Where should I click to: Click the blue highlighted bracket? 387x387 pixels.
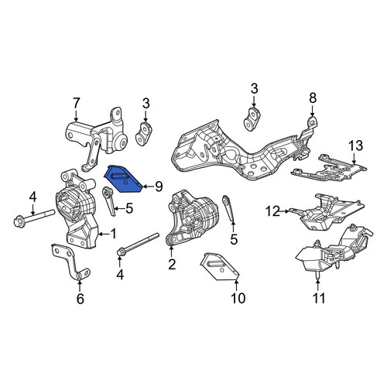point(122,180)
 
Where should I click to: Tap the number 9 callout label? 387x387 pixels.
point(159,187)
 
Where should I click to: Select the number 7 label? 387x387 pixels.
point(76,104)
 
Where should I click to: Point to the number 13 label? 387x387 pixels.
point(356,146)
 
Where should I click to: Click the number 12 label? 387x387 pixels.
point(273,211)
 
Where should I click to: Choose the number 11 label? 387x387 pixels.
point(319,298)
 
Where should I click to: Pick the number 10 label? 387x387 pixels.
point(238,298)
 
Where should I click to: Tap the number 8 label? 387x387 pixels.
point(313,98)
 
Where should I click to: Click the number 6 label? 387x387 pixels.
point(80,299)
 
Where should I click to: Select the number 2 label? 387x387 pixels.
point(172,264)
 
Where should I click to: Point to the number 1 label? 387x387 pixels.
point(113,234)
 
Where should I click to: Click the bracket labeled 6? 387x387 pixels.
point(71,261)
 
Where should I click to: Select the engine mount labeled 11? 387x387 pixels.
point(333,253)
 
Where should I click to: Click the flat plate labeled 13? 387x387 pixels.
point(329,168)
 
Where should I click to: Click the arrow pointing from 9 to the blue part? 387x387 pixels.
point(148,187)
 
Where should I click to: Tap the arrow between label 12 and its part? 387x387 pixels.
point(285,211)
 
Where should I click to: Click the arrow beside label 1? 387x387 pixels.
point(104,235)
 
